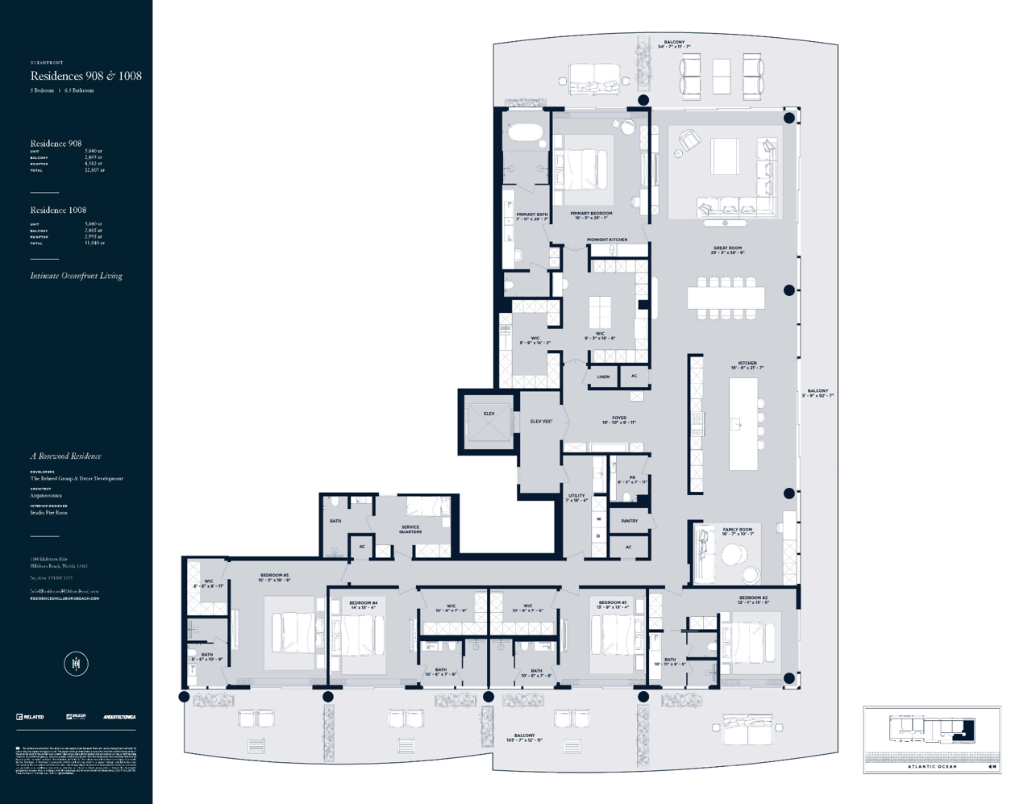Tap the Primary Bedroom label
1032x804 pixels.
point(590,215)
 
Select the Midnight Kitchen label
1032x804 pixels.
point(606,240)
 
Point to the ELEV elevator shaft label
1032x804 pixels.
point(489,414)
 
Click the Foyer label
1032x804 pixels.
point(618,420)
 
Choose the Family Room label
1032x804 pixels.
point(737,531)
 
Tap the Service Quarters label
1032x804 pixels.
point(410,529)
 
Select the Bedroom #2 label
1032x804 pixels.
point(753,600)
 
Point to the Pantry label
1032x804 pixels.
point(629,521)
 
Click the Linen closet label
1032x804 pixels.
point(603,377)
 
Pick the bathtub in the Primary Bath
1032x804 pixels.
point(526,132)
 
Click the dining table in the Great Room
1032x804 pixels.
point(726,298)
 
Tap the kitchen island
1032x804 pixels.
point(743,424)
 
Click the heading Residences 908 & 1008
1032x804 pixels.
point(86,76)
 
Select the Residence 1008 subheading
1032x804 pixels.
point(58,210)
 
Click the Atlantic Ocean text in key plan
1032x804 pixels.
point(932,766)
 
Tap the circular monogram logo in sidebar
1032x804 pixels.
point(76,664)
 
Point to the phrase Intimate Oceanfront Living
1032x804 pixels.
point(77,276)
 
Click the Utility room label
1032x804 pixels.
point(577,498)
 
